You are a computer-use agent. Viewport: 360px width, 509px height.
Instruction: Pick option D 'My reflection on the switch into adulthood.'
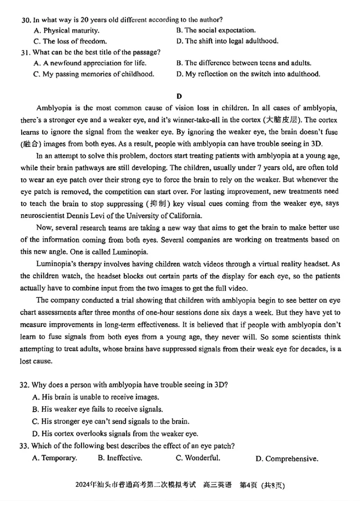[x=252, y=74]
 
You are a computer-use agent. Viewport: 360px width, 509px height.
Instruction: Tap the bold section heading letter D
[x=179, y=96]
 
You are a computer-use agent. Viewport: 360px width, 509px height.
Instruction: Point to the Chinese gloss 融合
[x=32, y=144]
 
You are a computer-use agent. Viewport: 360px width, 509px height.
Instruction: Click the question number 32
[x=25, y=385]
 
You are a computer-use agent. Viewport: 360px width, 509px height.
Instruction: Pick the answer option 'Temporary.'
[x=59, y=458]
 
